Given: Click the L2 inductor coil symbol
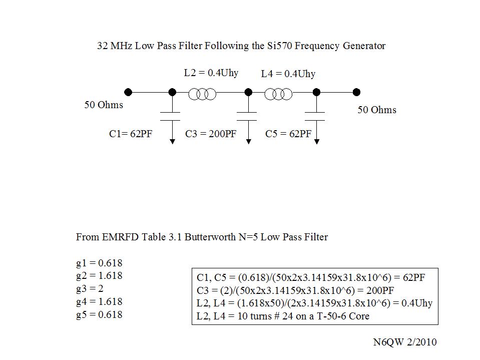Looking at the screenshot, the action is tap(202, 94).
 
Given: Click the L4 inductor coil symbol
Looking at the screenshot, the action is tap(278, 94).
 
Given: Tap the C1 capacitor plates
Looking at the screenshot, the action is tap(170, 117).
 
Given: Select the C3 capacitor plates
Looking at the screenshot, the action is tap(247, 117).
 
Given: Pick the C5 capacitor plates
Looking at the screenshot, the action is tap(315, 117).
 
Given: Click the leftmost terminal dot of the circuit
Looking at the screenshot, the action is tap(128, 92).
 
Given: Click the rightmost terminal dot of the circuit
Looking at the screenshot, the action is tap(356, 92).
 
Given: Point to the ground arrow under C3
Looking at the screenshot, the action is tap(249, 132).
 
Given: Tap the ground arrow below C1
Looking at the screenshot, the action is tap(172, 132).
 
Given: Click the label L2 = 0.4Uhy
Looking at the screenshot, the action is tap(211, 73).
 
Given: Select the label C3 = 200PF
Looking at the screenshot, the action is tap(211, 134).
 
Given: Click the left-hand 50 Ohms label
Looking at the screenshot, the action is tap(104, 105).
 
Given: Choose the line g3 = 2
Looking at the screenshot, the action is tap(90, 289).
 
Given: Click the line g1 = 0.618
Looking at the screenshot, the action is tap(99, 263).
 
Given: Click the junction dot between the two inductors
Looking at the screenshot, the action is tap(249, 92).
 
